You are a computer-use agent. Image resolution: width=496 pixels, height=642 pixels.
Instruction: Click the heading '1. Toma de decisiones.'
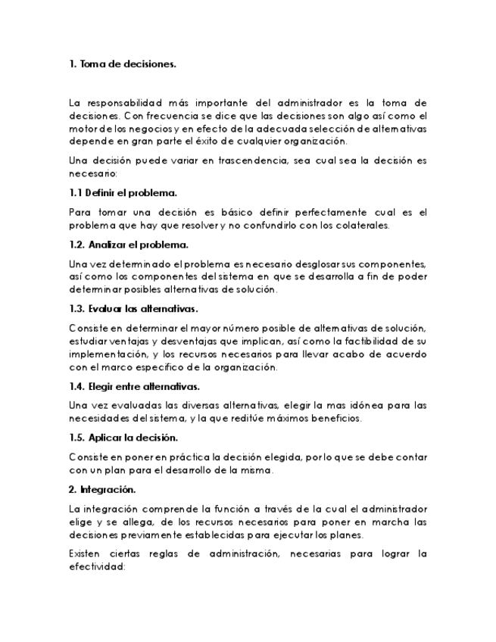click(122, 64)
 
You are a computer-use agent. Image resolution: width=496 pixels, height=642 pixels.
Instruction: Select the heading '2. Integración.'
click(102, 490)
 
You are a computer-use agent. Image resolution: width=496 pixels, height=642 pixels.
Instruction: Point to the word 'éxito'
click(227, 141)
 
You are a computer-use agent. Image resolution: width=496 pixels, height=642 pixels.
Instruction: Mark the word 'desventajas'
click(173, 341)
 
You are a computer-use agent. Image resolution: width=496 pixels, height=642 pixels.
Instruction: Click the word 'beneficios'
click(335, 418)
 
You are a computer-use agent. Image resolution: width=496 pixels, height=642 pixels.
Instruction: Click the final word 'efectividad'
click(95, 567)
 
